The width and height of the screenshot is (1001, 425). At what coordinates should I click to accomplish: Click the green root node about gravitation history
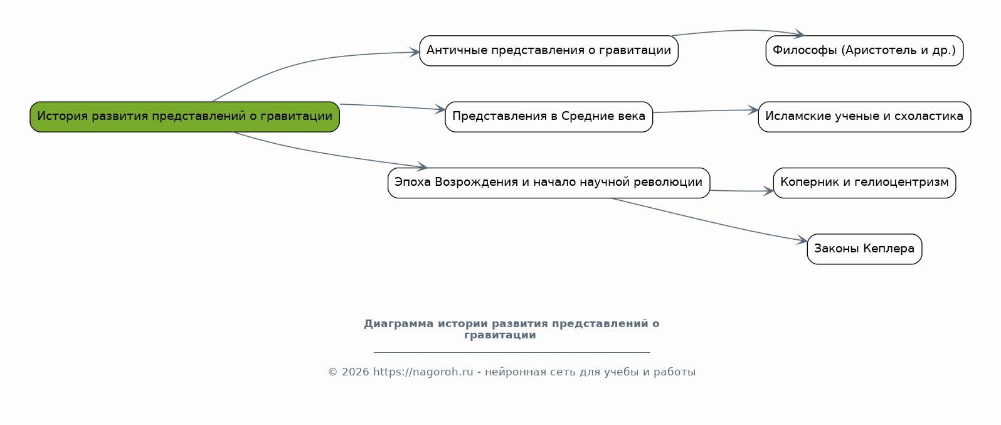click(x=184, y=117)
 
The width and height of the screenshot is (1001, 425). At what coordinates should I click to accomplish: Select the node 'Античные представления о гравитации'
click(x=548, y=51)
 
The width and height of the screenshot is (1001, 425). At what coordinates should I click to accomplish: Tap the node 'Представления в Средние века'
click(x=548, y=117)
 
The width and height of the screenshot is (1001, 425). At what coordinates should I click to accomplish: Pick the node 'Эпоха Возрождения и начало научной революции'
click(x=548, y=183)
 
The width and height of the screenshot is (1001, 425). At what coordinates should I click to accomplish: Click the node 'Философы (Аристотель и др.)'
click(x=864, y=51)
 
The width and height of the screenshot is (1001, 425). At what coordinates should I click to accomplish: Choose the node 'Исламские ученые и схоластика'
click(x=864, y=117)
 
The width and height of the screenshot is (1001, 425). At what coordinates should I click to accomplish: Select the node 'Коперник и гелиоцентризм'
click(x=864, y=183)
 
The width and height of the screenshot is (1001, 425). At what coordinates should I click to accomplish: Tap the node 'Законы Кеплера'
click(x=864, y=249)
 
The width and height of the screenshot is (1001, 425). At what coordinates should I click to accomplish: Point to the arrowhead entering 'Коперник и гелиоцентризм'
click(x=769, y=191)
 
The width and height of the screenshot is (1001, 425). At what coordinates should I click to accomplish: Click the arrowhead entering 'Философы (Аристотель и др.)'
click(x=800, y=35)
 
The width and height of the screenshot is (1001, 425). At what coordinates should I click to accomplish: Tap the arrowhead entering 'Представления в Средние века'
click(x=441, y=110)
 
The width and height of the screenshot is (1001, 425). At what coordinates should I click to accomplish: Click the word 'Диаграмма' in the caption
click(x=398, y=324)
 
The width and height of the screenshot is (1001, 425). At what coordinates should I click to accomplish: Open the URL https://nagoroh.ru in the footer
click(x=423, y=372)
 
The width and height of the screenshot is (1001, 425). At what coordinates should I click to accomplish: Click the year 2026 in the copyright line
click(x=356, y=372)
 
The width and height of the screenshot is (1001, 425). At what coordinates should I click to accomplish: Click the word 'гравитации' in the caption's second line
click(x=500, y=335)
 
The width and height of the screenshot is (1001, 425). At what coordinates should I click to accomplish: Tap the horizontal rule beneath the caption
click(x=511, y=352)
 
